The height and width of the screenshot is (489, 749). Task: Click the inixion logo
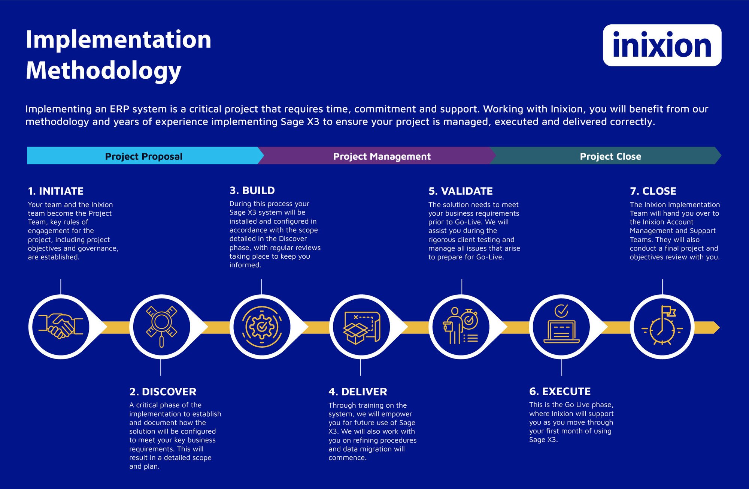coord(662,45)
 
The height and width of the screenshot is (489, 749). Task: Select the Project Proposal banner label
coord(143,156)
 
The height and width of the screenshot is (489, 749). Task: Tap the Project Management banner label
coord(382,156)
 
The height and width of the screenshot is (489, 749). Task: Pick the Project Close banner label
coord(610,156)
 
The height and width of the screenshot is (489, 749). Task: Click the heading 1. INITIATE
coord(55,191)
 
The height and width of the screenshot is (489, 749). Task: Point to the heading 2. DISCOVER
coord(163,391)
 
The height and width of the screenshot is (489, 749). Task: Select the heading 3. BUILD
coord(252,190)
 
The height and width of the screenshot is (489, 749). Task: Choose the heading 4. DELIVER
coord(358,391)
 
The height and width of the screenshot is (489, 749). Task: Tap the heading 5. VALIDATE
coord(460,191)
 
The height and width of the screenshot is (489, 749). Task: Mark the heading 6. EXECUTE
coord(560,391)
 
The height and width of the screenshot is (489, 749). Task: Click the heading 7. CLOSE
coord(653,191)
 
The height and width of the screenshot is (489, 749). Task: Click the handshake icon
coord(61,327)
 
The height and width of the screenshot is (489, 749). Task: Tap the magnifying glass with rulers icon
coord(161,327)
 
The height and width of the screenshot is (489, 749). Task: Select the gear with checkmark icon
coord(261,327)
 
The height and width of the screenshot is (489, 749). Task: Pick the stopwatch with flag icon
coord(662,327)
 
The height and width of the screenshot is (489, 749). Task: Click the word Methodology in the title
coord(103,70)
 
